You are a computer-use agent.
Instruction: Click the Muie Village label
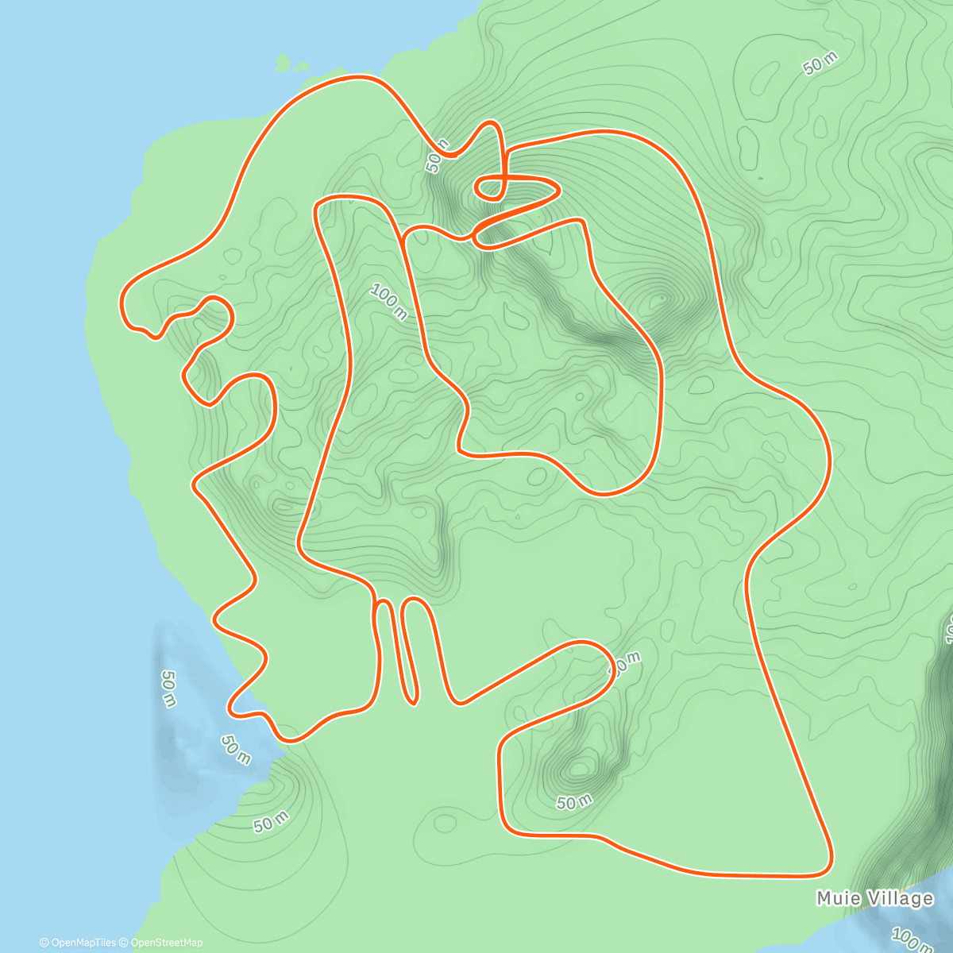[874, 898]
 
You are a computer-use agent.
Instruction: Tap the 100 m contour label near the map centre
[388, 303]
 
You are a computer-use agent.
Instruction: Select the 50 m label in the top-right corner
[820, 63]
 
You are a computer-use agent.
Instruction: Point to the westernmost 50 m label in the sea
[168, 688]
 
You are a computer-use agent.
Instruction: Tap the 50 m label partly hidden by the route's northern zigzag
[436, 156]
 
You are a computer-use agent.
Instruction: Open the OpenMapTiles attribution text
[78, 943]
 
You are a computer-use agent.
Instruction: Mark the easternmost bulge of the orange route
[829, 461]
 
